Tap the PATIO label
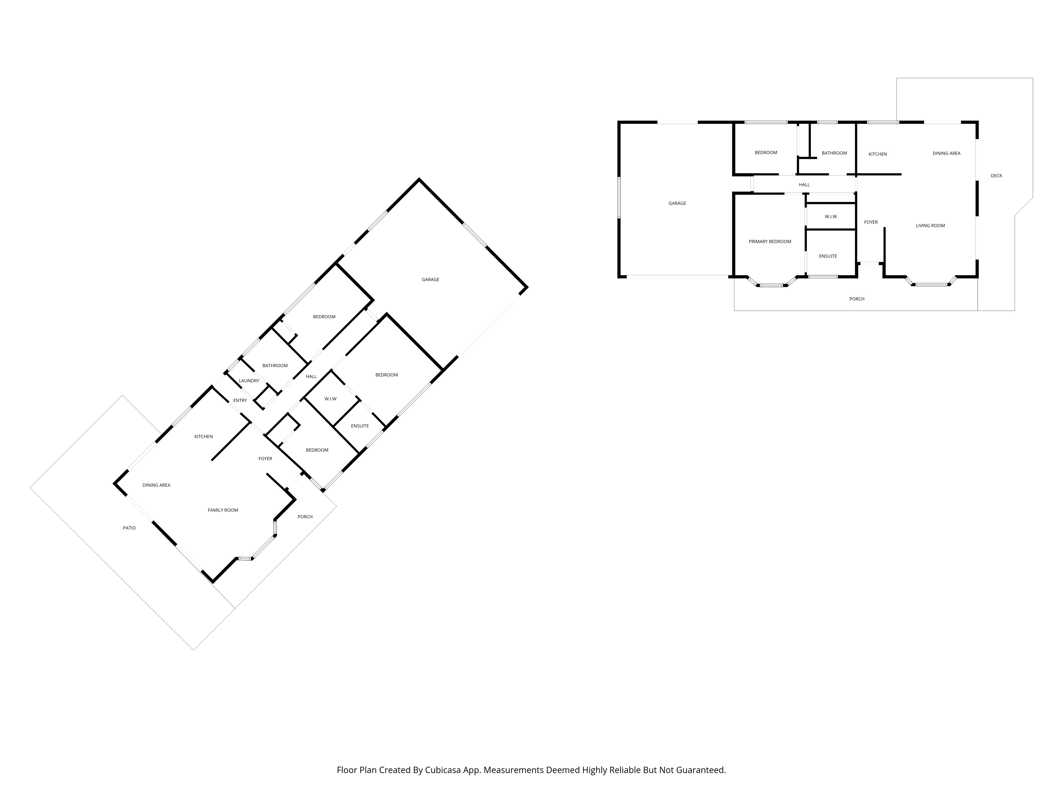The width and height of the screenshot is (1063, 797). click(129, 528)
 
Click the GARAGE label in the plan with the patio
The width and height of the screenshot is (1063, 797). click(431, 279)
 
